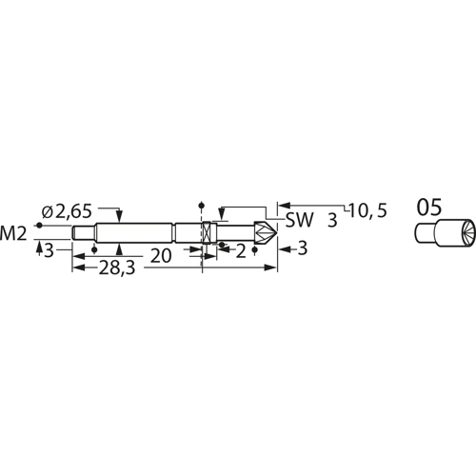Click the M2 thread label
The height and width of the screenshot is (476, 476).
coord(13,231)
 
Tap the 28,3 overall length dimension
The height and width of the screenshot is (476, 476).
coord(117,269)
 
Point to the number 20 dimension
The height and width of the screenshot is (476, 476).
coord(163,255)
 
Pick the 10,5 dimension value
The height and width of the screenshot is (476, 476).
coord(367,211)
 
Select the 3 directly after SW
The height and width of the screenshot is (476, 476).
coord(331,221)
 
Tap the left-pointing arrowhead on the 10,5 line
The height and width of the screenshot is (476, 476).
coord(282,204)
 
